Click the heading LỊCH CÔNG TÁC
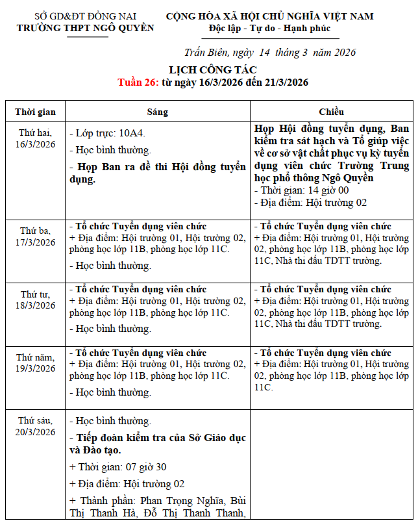[x=213, y=70]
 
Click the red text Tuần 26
[x=138, y=83]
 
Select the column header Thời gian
[x=36, y=112]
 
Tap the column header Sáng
[x=157, y=112]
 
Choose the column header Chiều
[x=331, y=112]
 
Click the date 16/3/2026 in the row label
[x=36, y=144]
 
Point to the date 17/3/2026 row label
[x=36, y=242]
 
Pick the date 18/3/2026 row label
[x=36, y=305]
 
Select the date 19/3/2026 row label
[x=36, y=368]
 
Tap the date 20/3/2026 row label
[x=36, y=432]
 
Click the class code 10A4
[x=132, y=133]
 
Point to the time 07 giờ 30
[x=144, y=467]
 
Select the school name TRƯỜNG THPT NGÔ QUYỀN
[x=85, y=28]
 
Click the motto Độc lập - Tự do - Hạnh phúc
[x=269, y=28]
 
